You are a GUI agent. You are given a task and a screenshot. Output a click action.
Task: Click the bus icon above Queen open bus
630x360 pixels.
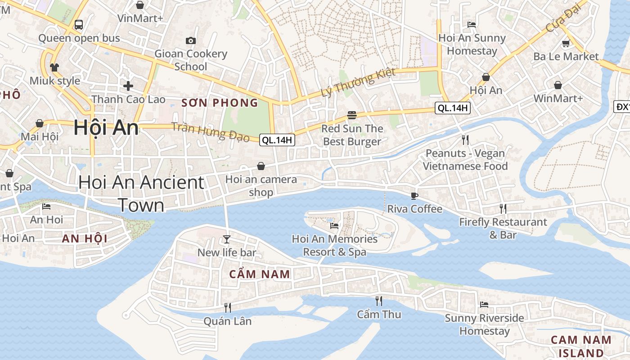79,24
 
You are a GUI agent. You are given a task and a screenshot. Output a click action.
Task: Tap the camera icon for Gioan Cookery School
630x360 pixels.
191,41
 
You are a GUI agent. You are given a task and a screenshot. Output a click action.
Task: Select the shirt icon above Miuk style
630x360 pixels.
54,67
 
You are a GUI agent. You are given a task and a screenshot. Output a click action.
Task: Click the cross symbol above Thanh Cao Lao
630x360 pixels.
128,85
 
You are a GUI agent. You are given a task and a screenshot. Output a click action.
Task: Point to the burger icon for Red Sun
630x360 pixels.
352,115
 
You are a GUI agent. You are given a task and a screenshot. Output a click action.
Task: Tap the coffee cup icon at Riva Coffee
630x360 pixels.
414,196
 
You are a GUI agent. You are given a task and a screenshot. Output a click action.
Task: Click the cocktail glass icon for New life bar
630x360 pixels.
227,239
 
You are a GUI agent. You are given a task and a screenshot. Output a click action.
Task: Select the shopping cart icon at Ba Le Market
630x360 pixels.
566,44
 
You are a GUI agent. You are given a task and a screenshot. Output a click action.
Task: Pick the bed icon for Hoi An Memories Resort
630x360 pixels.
334,225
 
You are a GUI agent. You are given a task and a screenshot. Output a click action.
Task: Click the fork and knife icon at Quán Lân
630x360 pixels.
228,307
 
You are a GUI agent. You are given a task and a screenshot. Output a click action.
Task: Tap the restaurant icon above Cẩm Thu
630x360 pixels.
379,301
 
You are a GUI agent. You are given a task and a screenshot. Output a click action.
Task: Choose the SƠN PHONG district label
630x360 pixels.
220,103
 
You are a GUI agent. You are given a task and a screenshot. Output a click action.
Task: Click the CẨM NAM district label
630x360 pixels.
260,274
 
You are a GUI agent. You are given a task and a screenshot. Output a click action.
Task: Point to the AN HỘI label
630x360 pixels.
85,238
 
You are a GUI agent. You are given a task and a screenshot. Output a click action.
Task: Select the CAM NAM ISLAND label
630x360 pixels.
581,346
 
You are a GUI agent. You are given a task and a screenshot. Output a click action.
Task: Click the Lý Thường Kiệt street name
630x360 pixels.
358,82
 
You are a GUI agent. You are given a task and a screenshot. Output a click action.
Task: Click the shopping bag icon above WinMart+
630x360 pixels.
558,85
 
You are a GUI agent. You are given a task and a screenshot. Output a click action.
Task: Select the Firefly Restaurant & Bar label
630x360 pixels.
503,228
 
